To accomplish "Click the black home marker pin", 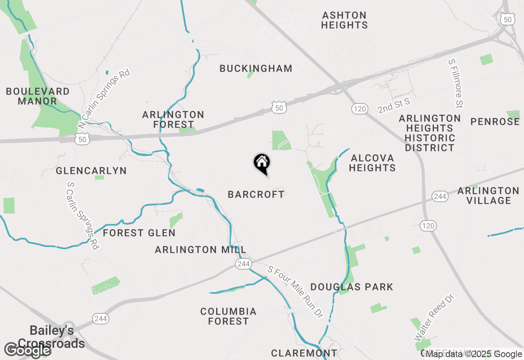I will pyautogui.click(x=262, y=163).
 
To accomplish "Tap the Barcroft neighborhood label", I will pyautogui.click(x=256, y=194).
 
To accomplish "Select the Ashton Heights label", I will pyautogui.click(x=344, y=20).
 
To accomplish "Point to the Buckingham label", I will pyautogui.click(x=256, y=68).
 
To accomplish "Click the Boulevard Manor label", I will pyautogui.click(x=37, y=96).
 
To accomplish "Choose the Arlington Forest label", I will pyautogui.click(x=173, y=119).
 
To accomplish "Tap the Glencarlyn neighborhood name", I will pyautogui.click(x=91, y=171).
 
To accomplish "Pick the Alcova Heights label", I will pyautogui.click(x=373, y=163).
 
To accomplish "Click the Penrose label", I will pyautogui.click(x=495, y=122).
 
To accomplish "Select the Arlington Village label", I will pyautogui.click(x=488, y=196).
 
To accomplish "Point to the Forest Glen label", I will pyautogui.click(x=139, y=233).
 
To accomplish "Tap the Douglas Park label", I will pyautogui.click(x=352, y=287).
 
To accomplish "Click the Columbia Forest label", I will pyautogui.click(x=228, y=316).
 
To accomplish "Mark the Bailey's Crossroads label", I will pyautogui.click(x=52, y=337).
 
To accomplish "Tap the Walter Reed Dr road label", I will pyautogui.click(x=434, y=317).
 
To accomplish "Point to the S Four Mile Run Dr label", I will pyautogui.click(x=295, y=291).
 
